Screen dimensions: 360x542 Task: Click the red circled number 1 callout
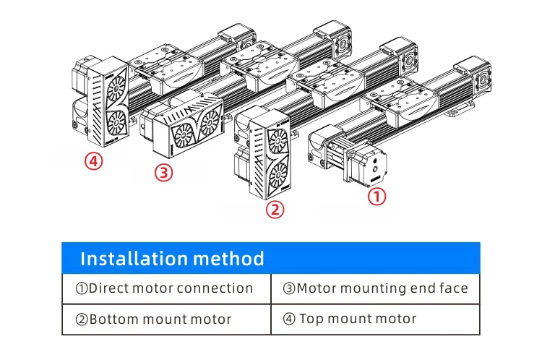click(377, 197)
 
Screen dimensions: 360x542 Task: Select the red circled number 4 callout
click(93, 160)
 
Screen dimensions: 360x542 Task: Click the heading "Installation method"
click(172, 258)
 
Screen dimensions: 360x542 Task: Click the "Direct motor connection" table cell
click(165, 288)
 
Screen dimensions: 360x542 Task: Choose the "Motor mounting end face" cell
click(375, 288)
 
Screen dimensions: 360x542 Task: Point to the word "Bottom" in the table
click(113, 319)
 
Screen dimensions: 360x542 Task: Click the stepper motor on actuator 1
click(364, 164)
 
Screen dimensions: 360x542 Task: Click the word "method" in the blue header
click(229, 258)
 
